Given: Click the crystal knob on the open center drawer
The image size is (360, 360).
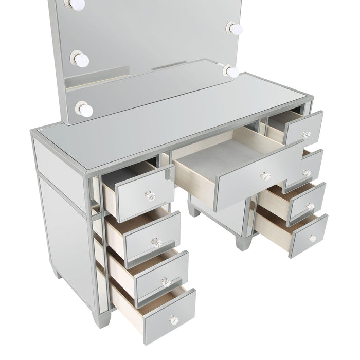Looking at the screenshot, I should coord(265,176).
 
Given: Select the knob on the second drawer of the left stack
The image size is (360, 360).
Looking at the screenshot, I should coord(157,242).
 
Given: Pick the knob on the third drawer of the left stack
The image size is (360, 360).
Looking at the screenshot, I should coord(166,282).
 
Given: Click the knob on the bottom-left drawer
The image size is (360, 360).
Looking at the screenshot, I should coord(174,320).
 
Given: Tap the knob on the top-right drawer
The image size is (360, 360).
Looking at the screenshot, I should coord(307,135).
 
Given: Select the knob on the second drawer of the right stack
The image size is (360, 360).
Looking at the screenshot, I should coord(307,173).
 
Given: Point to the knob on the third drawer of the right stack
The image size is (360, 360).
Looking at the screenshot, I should coord(310,206).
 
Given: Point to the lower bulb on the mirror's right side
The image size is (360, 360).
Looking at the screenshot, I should coord(231,71).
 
